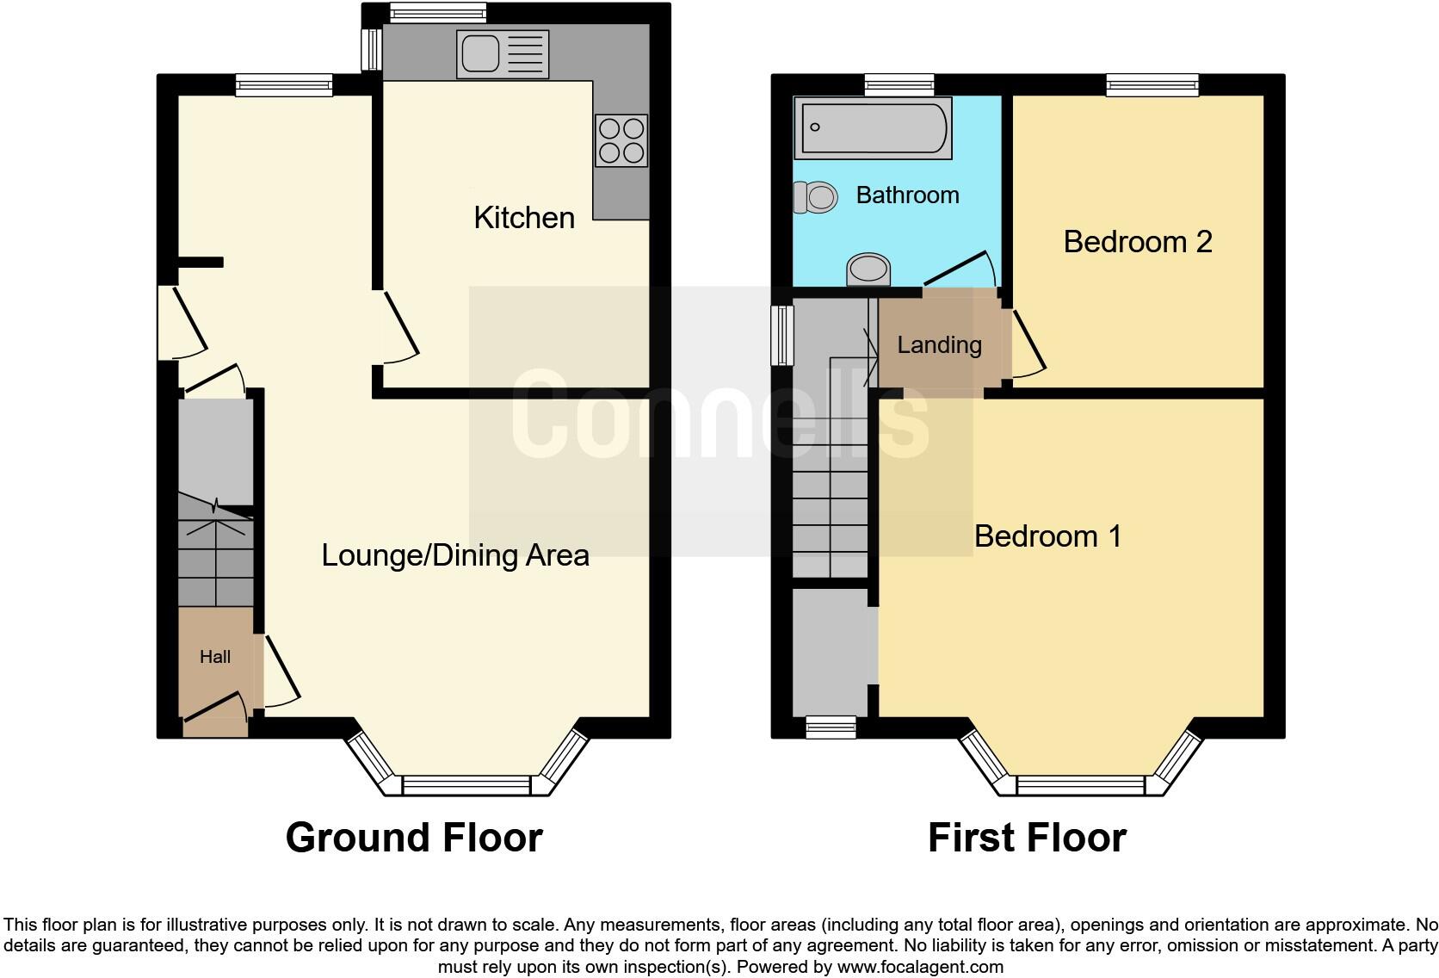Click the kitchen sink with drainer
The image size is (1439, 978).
pyautogui.click(x=503, y=53)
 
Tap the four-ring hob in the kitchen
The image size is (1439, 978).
pyautogui.click(x=621, y=140)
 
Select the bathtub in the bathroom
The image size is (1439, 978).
pyautogui.click(x=873, y=127)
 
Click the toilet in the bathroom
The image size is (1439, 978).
pyautogui.click(x=814, y=197)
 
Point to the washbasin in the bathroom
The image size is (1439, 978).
pyautogui.click(x=868, y=269)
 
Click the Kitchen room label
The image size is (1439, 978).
pyautogui.click(x=524, y=218)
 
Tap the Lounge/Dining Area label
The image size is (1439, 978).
pyautogui.click(x=455, y=555)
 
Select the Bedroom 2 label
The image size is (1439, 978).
pyautogui.click(x=1137, y=242)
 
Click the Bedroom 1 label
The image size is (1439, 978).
pyautogui.click(x=1047, y=536)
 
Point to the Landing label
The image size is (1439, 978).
pyautogui.click(x=939, y=345)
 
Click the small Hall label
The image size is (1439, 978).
pyautogui.click(x=215, y=657)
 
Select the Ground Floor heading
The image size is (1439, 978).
pyautogui.click(x=414, y=838)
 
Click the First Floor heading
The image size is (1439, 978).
pyautogui.click(x=1027, y=838)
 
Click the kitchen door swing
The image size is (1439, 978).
pyautogui.click(x=401, y=327)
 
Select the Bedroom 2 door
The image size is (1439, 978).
pyautogui.click(x=1028, y=344)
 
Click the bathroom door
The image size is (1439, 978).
pyautogui.click(x=957, y=268)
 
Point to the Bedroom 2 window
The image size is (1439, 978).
pyautogui.click(x=1152, y=84)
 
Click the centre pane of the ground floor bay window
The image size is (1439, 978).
pyautogui.click(x=466, y=785)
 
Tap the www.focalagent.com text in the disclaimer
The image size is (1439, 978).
pyautogui.click(x=919, y=967)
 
